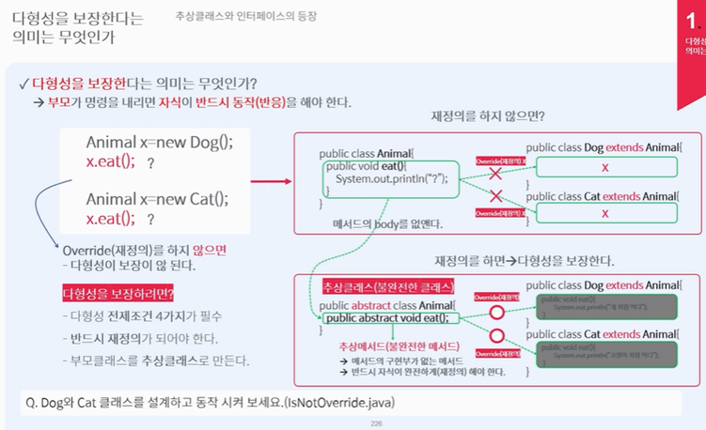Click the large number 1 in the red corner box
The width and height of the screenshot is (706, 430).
pyautogui.click(x=694, y=18)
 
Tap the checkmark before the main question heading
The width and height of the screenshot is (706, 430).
pyautogui.click(x=23, y=83)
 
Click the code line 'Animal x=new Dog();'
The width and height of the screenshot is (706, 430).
pyautogui.click(x=158, y=142)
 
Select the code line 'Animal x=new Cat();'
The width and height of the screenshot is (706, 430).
pyautogui.click(x=156, y=199)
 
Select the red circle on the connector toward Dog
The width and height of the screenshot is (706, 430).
pyautogui.click(x=497, y=311)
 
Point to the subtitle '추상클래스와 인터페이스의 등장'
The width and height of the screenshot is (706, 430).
pyautogui.click(x=246, y=16)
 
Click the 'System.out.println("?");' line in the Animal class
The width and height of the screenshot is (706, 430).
pyautogui.click(x=391, y=179)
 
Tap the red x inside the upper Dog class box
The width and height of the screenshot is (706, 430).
pyautogui.click(x=605, y=167)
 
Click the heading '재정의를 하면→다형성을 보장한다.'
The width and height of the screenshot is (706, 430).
pyautogui.click(x=525, y=260)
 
